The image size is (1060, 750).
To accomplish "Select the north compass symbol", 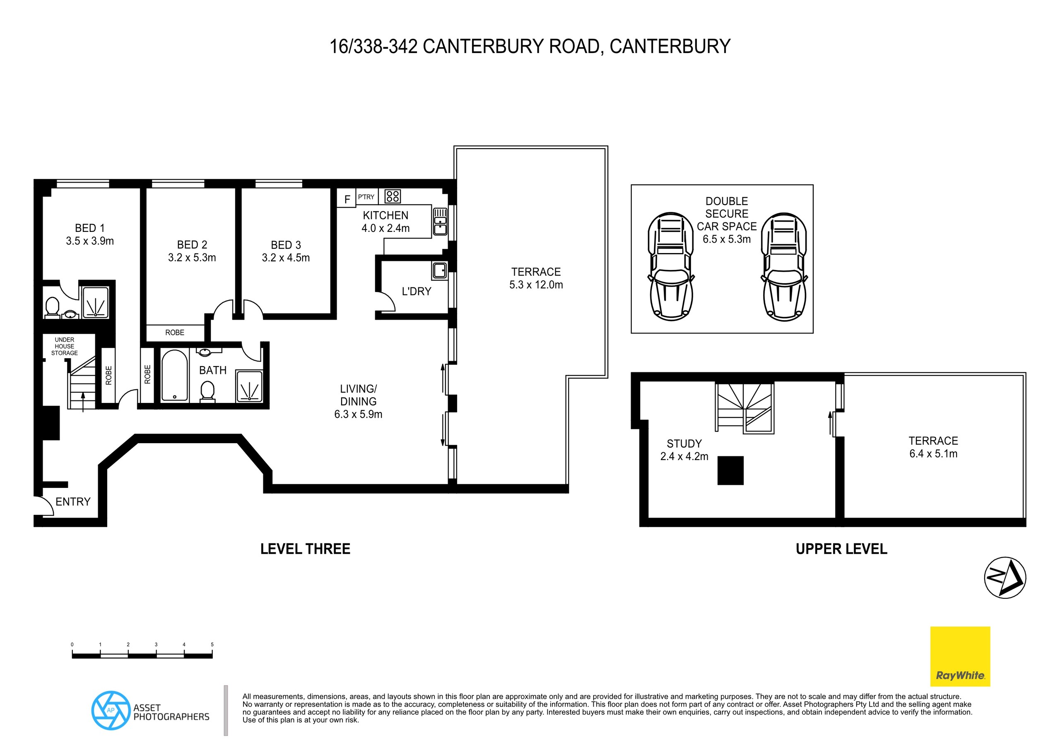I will tap(1005, 578).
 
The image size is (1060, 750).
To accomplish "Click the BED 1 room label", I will tap(89, 228).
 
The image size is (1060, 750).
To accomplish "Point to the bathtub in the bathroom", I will tap(174, 376).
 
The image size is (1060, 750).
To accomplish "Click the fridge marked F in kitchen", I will tap(347, 199).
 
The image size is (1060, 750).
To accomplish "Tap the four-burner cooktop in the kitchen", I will tap(393, 196).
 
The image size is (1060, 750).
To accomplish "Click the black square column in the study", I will tap(730, 470).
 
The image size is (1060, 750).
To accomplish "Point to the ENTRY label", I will tap(73, 502).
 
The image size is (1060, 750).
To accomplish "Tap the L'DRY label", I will tap(417, 292).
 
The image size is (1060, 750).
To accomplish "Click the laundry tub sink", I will tap(439, 270).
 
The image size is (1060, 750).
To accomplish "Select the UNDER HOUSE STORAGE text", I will tap(64, 346).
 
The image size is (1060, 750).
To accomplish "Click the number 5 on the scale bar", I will tap(212, 644).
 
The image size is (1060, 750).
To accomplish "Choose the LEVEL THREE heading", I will tap(305, 549).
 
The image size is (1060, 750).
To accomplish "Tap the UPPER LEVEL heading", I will tap(841, 549).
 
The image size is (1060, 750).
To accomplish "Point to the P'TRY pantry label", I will tap(366, 197).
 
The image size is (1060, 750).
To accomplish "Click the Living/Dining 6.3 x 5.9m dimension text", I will tap(358, 414).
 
